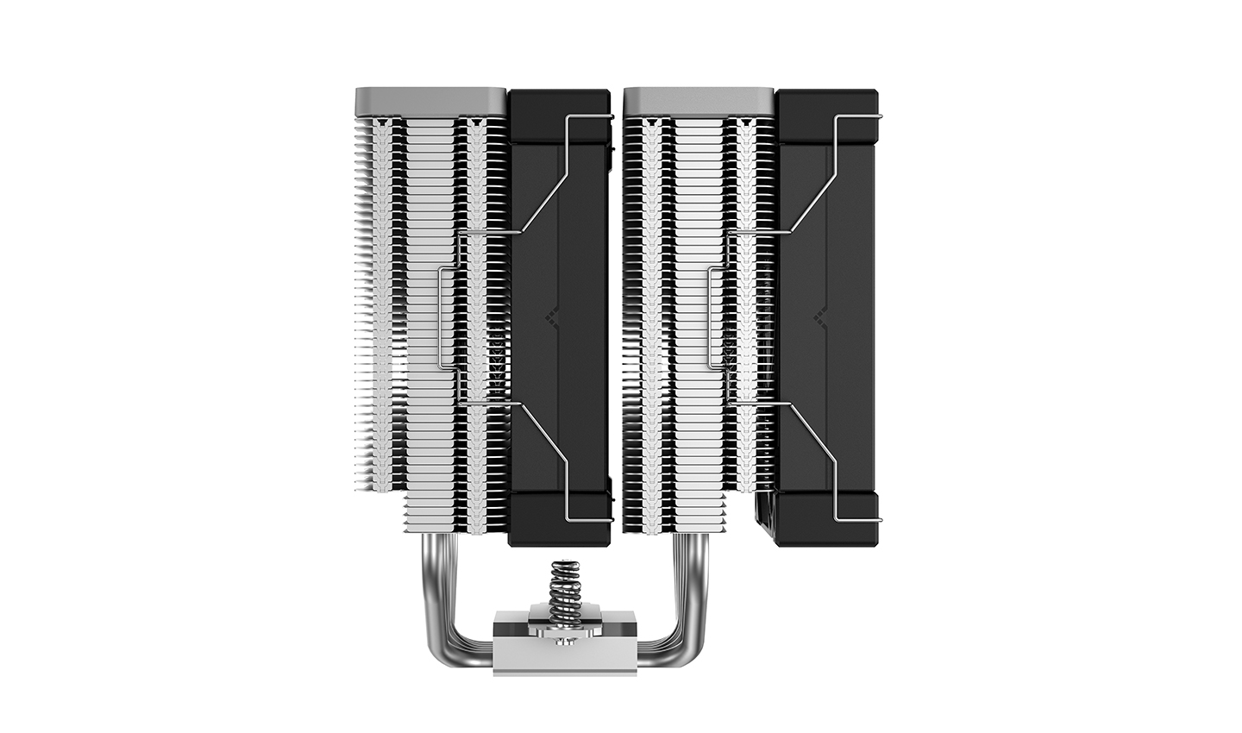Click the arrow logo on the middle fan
552,318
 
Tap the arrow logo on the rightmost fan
820,318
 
